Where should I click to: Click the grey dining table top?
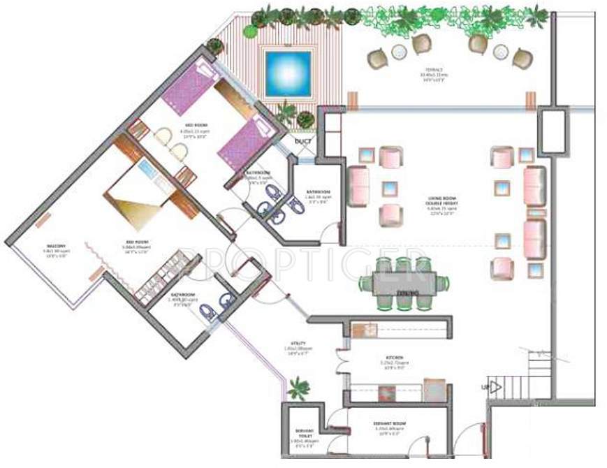(x=403, y=284)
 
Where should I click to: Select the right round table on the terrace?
(x=500, y=52)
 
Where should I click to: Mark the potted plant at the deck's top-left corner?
(x=216, y=47)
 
